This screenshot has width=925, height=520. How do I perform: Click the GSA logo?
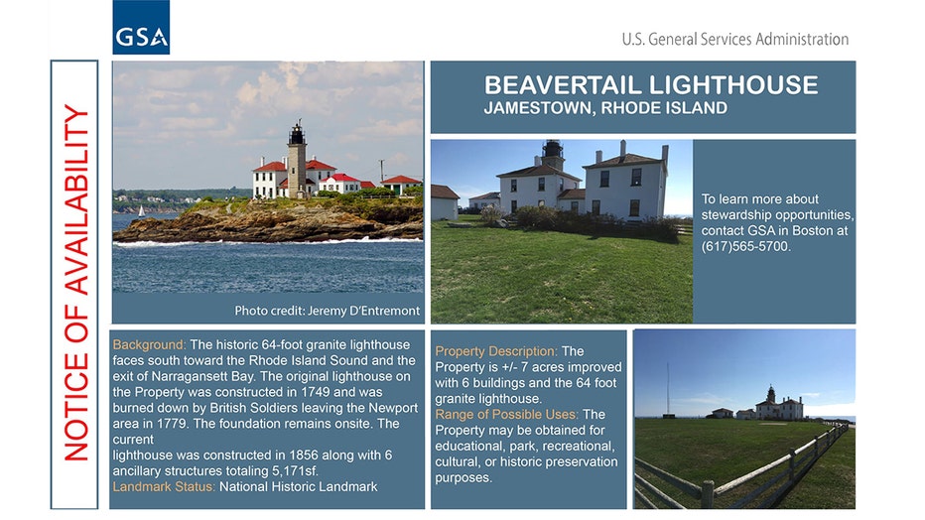coord(141,27)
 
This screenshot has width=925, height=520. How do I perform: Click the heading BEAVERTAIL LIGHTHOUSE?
coord(651,85)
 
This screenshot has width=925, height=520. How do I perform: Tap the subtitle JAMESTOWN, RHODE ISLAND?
coord(605,108)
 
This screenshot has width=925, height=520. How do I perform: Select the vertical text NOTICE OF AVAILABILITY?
coord(76,283)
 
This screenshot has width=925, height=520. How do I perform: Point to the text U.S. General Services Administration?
coord(735,40)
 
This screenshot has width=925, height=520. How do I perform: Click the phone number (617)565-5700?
coord(745,246)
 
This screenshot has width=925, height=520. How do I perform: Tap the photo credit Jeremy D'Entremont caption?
coord(327,311)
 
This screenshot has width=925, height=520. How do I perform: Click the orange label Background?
coord(149,345)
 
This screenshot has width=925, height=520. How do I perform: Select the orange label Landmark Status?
coord(164,487)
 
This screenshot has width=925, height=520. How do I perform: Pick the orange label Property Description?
coord(496,351)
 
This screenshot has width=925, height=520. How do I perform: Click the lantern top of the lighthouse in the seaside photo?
coord(297,134)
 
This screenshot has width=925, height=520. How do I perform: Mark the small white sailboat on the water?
coord(141,211)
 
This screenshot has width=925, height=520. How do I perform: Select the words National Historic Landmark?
coord(299,487)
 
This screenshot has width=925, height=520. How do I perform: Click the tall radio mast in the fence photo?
coord(668,389)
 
